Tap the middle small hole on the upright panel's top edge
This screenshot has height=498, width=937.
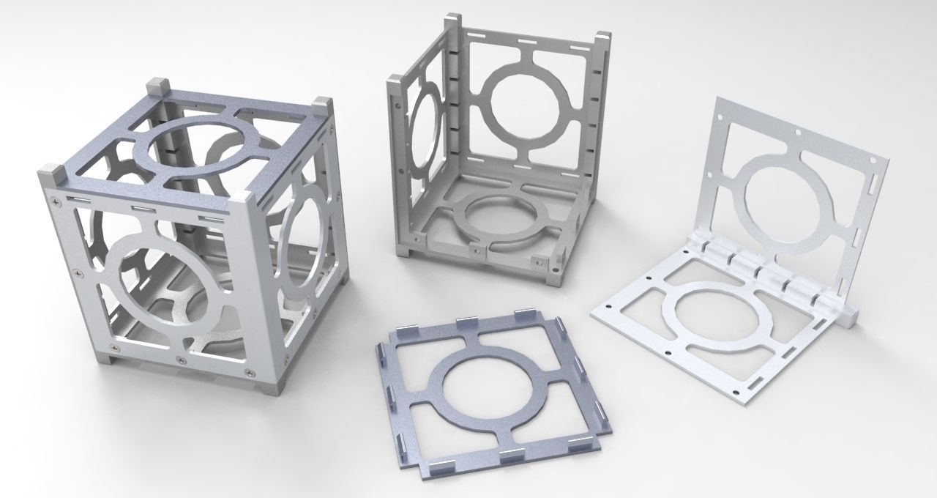pyautogui.click(x=797, y=133)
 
